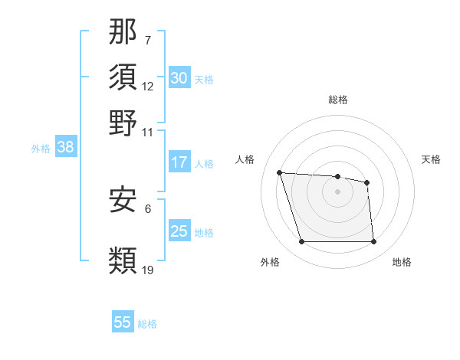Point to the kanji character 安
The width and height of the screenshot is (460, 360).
tap(123, 200)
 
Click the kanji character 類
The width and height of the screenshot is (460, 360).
tap(123, 259)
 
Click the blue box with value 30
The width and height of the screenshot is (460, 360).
tap(179, 78)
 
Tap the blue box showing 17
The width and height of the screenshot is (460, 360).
tap(179, 162)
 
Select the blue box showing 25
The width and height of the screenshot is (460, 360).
tap(179, 231)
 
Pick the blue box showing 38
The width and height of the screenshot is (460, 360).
tap(65, 148)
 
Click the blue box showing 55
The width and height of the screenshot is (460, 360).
tap(123, 322)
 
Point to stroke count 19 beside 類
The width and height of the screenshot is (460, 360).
tap(148, 270)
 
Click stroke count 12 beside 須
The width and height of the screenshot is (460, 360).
tap(148, 87)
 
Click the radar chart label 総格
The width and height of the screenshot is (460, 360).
tap(338, 100)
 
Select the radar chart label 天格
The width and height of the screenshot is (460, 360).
tap(431, 159)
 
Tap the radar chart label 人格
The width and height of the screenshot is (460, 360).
tap(245, 159)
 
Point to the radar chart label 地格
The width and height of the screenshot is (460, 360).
tap(402, 262)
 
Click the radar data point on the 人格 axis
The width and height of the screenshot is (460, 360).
tap(280, 172)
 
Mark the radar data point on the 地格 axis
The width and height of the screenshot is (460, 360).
tap(373, 242)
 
